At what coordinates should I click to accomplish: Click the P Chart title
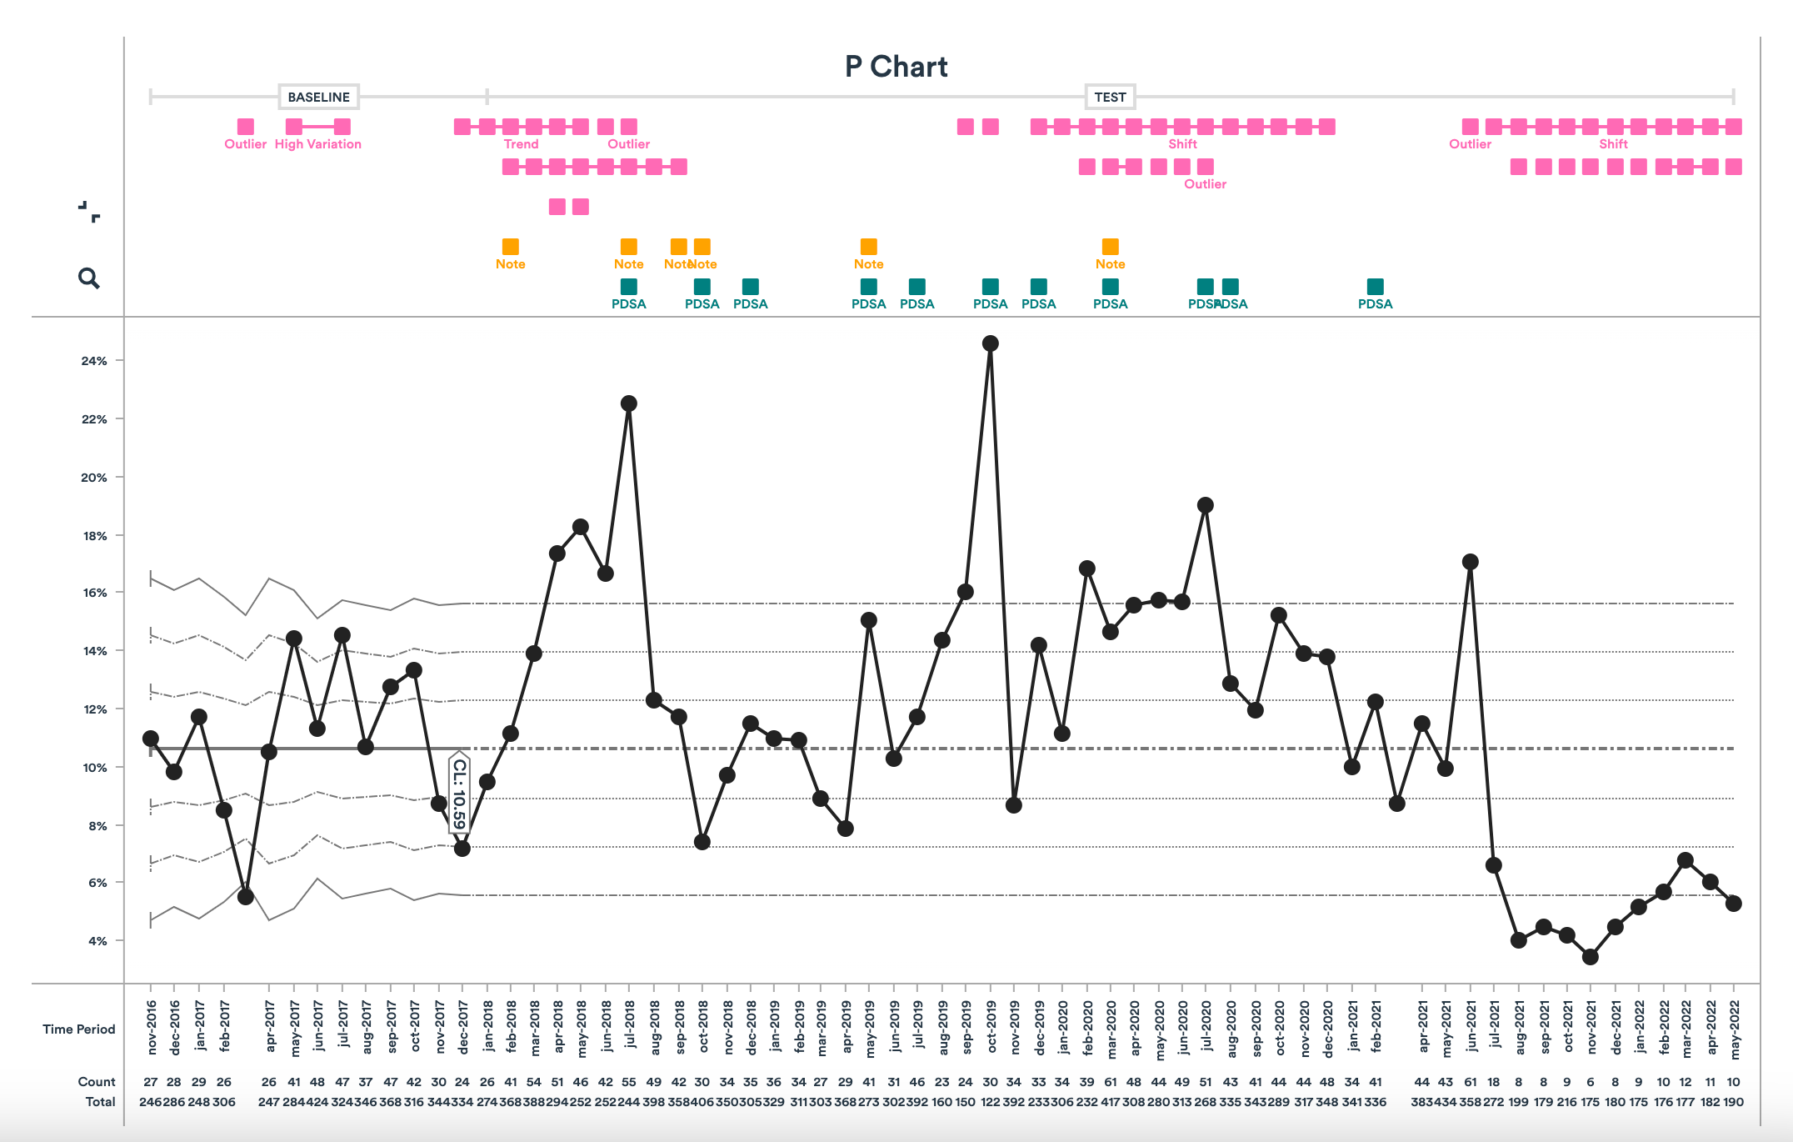click(x=896, y=67)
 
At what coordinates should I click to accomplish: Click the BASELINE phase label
click(x=318, y=97)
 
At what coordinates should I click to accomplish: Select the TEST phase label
click(x=1109, y=97)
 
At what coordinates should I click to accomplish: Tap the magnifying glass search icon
click(x=88, y=278)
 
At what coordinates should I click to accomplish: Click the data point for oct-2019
click(x=990, y=343)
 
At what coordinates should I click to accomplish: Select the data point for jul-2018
click(x=629, y=403)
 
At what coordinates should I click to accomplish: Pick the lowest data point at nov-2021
click(x=1590, y=957)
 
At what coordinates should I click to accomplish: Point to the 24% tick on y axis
click(x=94, y=361)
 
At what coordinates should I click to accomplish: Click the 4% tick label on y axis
click(x=97, y=941)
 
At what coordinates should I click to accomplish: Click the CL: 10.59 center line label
click(x=459, y=794)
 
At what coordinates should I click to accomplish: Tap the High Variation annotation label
click(x=317, y=144)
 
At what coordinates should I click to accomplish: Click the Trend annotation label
click(x=521, y=144)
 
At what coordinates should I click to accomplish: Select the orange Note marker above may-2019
click(x=868, y=247)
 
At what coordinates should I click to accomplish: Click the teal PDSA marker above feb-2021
click(x=1375, y=287)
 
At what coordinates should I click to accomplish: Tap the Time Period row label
click(x=78, y=1029)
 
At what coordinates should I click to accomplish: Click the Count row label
click(x=96, y=1082)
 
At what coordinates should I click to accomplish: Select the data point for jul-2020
click(x=1205, y=505)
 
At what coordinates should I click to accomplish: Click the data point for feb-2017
click(x=223, y=810)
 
